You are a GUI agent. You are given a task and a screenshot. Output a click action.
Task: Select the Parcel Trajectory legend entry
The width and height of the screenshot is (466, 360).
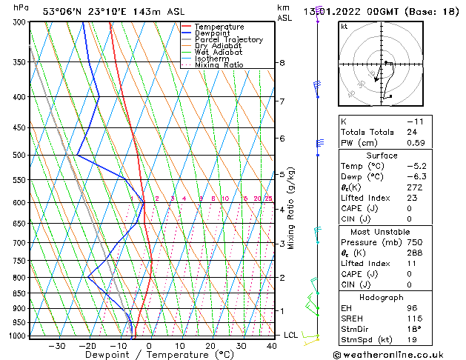tap(228, 39)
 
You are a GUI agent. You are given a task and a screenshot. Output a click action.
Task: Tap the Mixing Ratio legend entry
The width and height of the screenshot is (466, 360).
tap(219, 65)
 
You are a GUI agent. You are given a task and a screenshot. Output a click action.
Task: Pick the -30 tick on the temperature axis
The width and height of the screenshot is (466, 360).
tap(56, 346)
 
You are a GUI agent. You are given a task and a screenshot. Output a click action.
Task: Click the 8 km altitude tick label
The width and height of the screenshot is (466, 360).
tap(282, 63)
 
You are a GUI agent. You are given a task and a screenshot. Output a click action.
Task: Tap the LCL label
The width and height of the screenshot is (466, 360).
tap(290, 336)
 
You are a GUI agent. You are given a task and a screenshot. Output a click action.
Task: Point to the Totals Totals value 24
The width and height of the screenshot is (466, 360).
tap(411, 132)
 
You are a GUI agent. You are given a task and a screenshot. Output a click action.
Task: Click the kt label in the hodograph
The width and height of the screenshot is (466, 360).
tap(344, 27)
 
